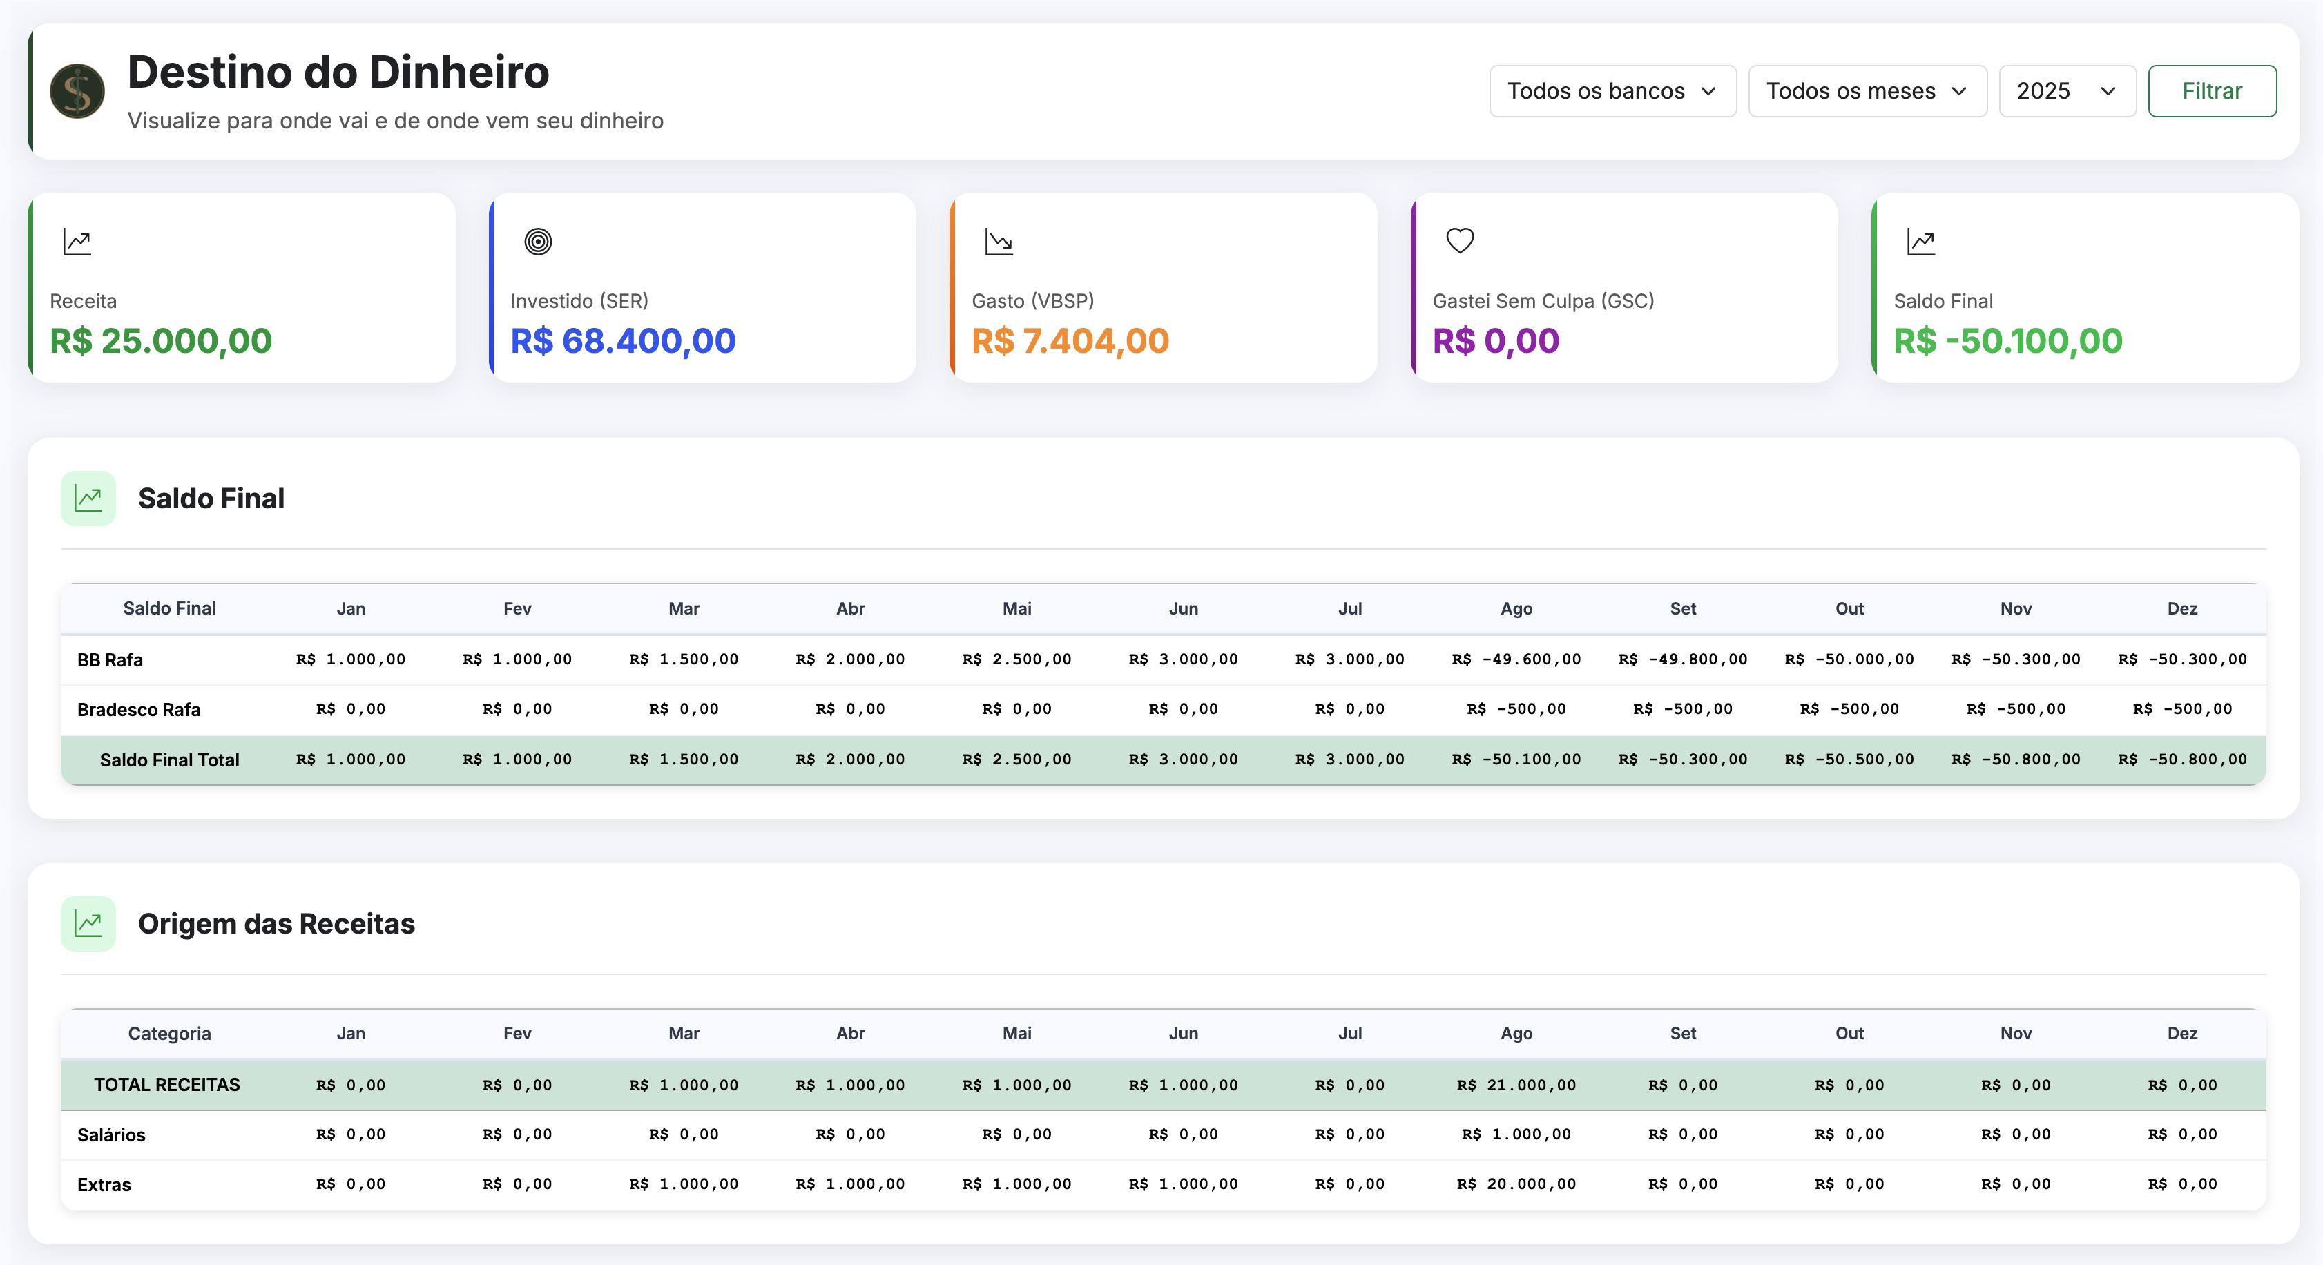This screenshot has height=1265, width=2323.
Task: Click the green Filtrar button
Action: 2211,91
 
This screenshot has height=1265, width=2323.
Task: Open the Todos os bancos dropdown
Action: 1612,91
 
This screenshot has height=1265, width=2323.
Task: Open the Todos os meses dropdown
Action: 1867,91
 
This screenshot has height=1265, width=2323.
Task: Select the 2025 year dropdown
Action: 2066,91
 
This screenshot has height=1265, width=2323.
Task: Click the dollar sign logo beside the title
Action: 77,91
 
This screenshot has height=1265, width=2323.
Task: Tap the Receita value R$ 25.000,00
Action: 160,341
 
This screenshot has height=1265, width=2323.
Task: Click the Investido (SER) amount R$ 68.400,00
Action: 622,341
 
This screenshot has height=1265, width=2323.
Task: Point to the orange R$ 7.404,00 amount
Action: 1070,341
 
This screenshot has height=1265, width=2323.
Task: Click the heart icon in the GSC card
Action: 1459,241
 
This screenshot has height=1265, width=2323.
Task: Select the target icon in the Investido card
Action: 537,242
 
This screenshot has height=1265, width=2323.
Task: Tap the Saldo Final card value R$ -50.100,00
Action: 2007,341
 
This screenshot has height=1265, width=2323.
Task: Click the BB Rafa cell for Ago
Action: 1516,659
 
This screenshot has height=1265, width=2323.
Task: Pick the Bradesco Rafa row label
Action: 139,710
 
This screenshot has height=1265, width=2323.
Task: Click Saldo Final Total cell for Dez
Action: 2181,759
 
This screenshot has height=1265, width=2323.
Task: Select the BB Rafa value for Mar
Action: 684,659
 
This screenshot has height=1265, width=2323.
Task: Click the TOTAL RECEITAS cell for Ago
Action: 1516,1085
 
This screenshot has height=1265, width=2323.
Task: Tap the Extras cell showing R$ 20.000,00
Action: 1516,1184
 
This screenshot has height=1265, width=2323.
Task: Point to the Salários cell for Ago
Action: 1516,1134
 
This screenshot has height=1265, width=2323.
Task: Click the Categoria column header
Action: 170,1033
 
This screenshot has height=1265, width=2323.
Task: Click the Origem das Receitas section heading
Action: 276,923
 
